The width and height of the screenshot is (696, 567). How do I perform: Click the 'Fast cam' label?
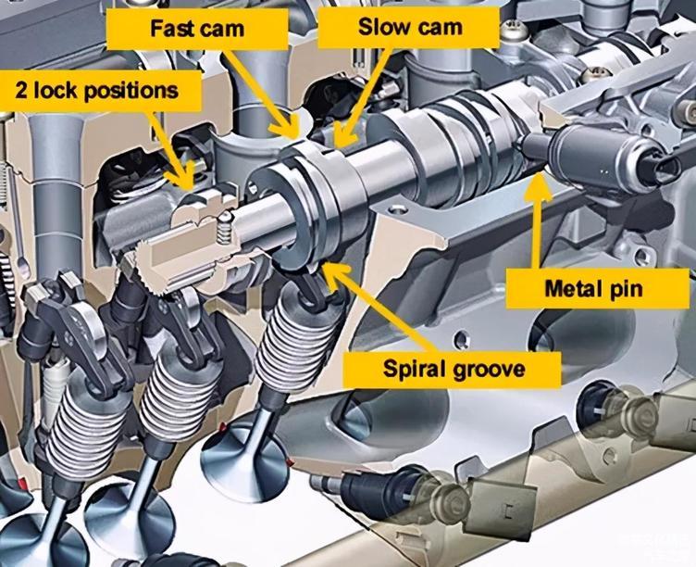[x=197, y=29]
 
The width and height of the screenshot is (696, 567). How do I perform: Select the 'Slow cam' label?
[x=410, y=27]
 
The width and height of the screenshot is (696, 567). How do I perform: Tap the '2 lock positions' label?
[x=97, y=91]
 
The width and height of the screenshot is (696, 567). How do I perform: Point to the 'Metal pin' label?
[x=593, y=289]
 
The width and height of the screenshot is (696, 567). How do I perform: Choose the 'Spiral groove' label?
[x=454, y=370]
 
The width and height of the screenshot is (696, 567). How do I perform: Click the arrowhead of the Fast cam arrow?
[x=288, y=130]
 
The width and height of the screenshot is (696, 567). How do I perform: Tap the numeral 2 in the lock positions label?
[x=21, y=91]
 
